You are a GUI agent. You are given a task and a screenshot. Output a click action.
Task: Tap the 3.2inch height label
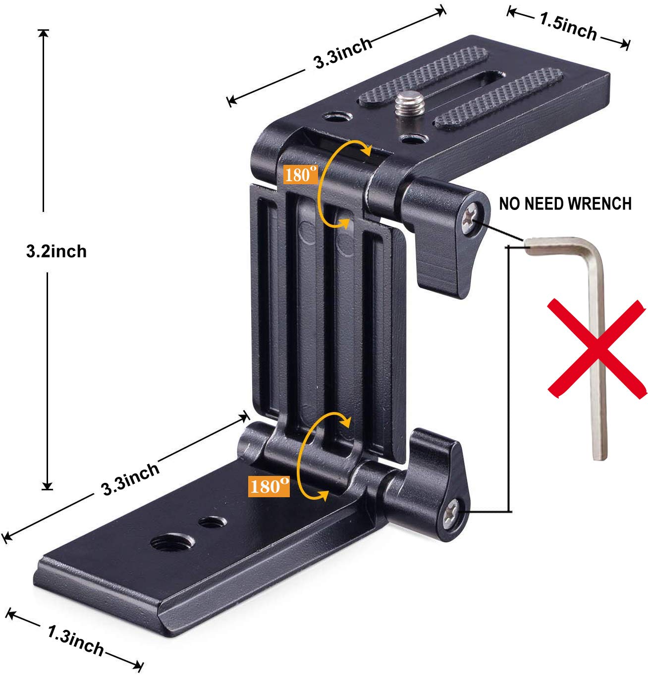click(x=56, y=251)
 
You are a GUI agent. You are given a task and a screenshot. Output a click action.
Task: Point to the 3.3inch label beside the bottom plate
click(x=130, y=479)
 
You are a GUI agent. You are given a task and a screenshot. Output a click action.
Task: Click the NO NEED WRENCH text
click(x=565, y=203)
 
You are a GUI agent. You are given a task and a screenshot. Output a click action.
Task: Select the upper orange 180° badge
click(x=300, y=174)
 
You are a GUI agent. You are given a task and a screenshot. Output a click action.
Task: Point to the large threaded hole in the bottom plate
click(x=162, y=543)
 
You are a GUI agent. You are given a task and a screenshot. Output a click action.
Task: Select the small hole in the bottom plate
click(x=211, y=523)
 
